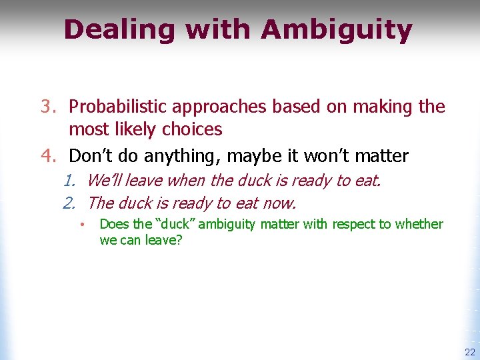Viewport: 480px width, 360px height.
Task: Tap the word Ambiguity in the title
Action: [337, 31]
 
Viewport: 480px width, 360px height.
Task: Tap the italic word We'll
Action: [105, 180]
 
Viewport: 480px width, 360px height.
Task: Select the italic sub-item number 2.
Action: [70, 203]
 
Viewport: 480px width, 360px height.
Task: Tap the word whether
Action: [419, 224]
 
